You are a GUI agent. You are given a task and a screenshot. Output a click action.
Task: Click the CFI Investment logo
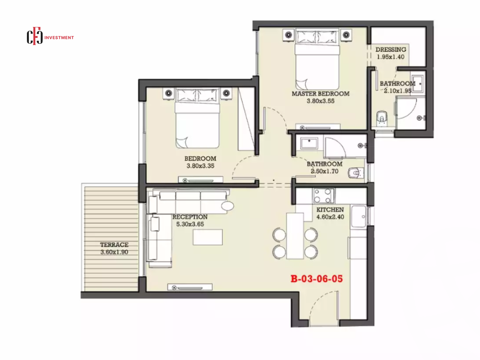point(50,37)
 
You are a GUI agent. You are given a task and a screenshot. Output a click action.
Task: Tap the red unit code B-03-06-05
point(317,278)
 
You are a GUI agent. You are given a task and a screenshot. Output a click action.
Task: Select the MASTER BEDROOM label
point(321,94)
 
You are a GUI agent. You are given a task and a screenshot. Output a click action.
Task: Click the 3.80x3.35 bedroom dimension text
point(201,166)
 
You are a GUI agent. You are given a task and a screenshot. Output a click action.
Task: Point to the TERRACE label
point(114,245)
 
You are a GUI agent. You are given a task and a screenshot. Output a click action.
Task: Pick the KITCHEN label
point(330,210)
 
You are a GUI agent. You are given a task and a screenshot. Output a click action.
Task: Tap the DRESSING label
point(391,49)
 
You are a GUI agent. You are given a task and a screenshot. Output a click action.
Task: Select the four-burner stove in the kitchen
point(324,196)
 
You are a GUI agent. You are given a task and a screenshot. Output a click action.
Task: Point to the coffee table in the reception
point(207,237)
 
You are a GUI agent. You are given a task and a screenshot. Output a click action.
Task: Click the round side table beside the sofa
point(228,206)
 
